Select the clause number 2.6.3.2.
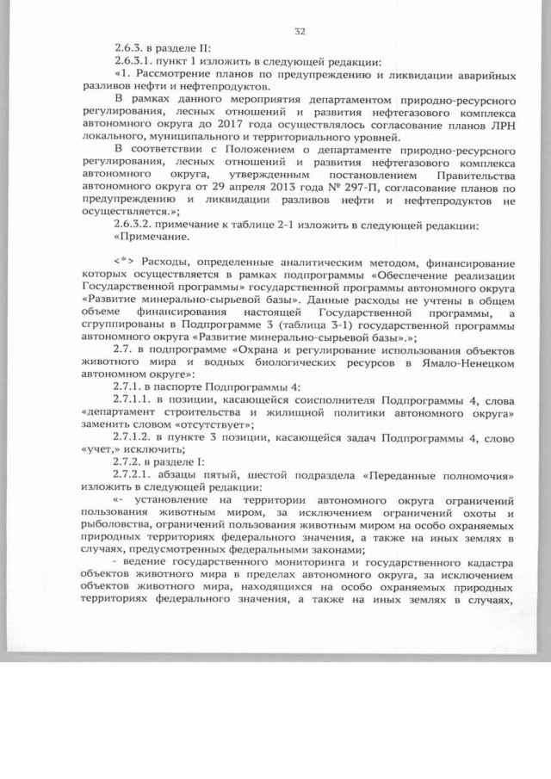[133, 226]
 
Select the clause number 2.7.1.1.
[133, 400]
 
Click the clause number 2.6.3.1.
[133, 63]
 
